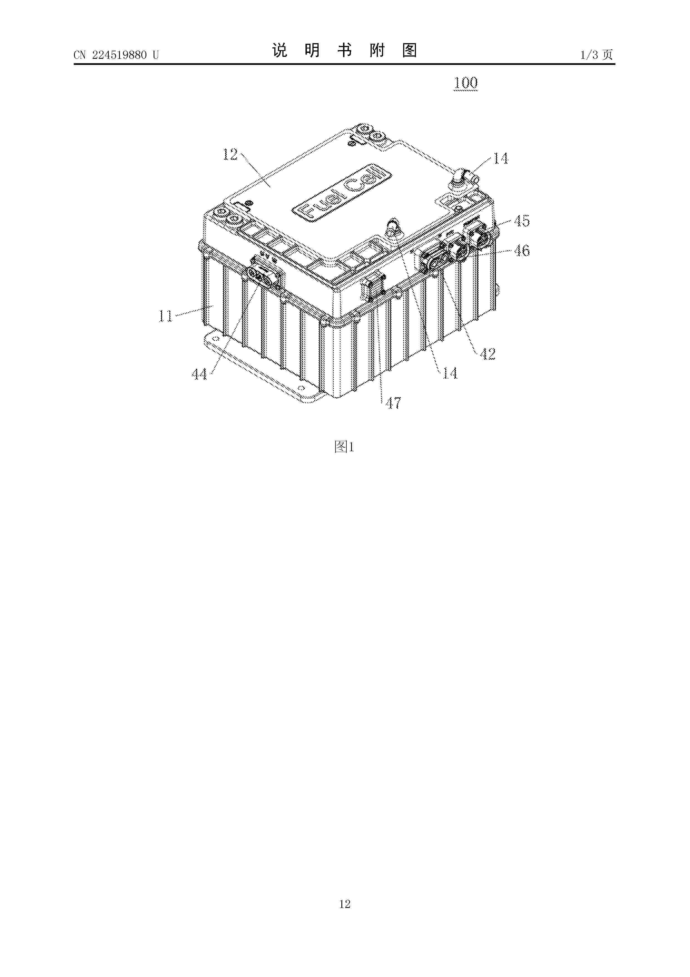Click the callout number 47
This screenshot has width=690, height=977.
(x=393, y=402)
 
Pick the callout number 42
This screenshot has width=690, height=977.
(x=488, y=354)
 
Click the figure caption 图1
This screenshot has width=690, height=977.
(x=344, y=446)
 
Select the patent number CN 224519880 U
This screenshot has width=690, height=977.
(x=116, y=55)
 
